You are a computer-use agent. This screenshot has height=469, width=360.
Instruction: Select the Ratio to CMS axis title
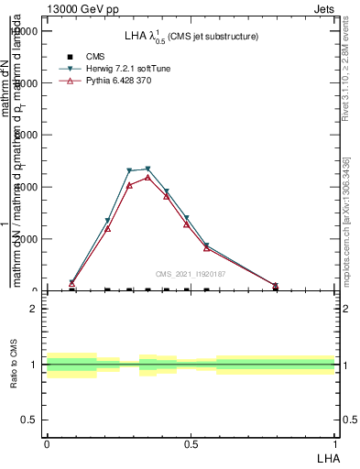[15, 365]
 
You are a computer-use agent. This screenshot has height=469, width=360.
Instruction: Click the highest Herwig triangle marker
[147, 169]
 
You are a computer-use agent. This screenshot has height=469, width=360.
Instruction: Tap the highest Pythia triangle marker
[147, 177]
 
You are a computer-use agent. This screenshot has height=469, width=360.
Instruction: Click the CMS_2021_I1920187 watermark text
[190, 274]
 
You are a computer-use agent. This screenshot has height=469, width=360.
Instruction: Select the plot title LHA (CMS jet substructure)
[191, 36]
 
